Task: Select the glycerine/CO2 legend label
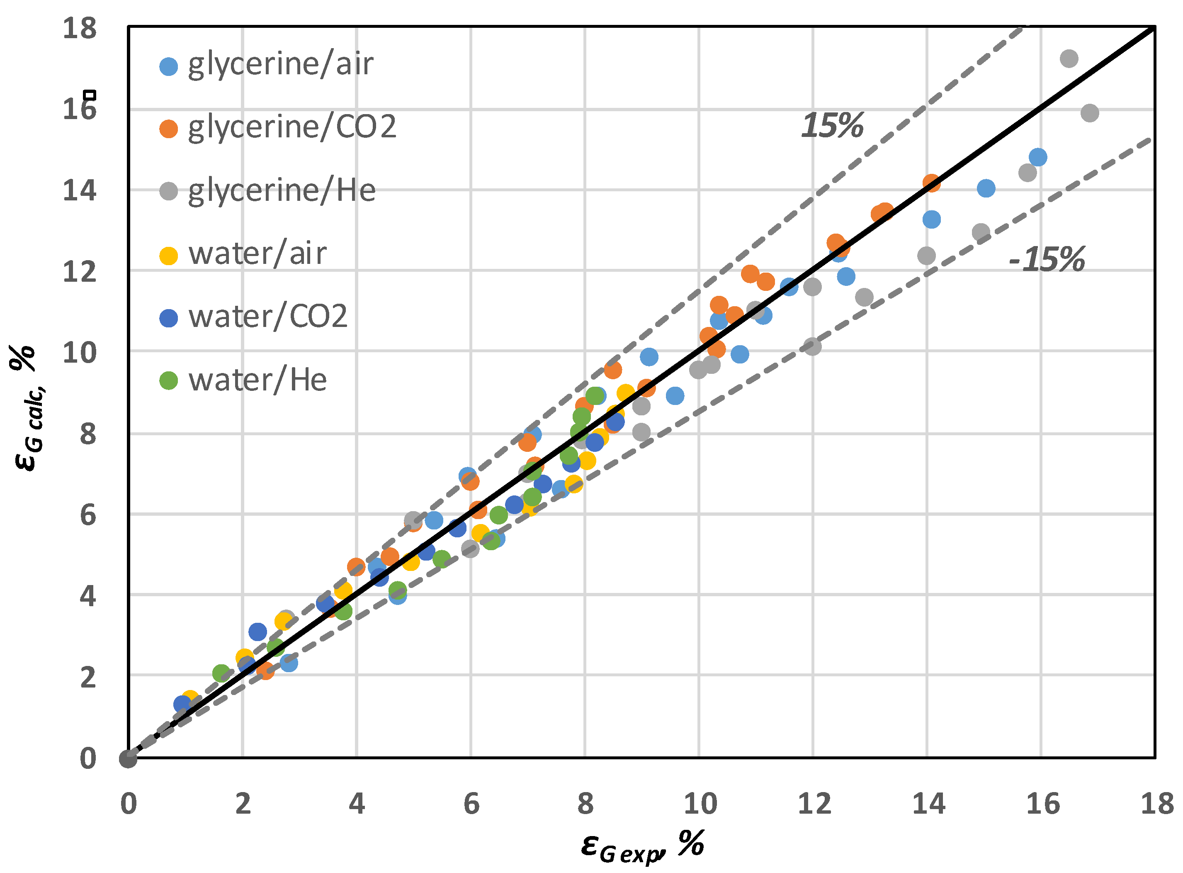[292, 127]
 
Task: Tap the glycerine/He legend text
[282, 191]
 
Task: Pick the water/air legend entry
[257, 254]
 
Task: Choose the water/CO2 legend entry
[268, 317]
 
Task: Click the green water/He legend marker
[168, 380]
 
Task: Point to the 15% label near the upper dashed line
[832, 126]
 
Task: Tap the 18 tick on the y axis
[80, 28]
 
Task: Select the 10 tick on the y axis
[80, 352]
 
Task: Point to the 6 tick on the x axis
[471, 804]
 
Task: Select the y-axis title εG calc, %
[29, 407]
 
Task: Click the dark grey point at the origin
[128, 759]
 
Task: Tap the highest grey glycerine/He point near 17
[1069, 59]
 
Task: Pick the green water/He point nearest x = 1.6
[222, 674]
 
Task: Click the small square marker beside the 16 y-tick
[91, 95]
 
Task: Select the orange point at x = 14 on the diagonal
[932, 183]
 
